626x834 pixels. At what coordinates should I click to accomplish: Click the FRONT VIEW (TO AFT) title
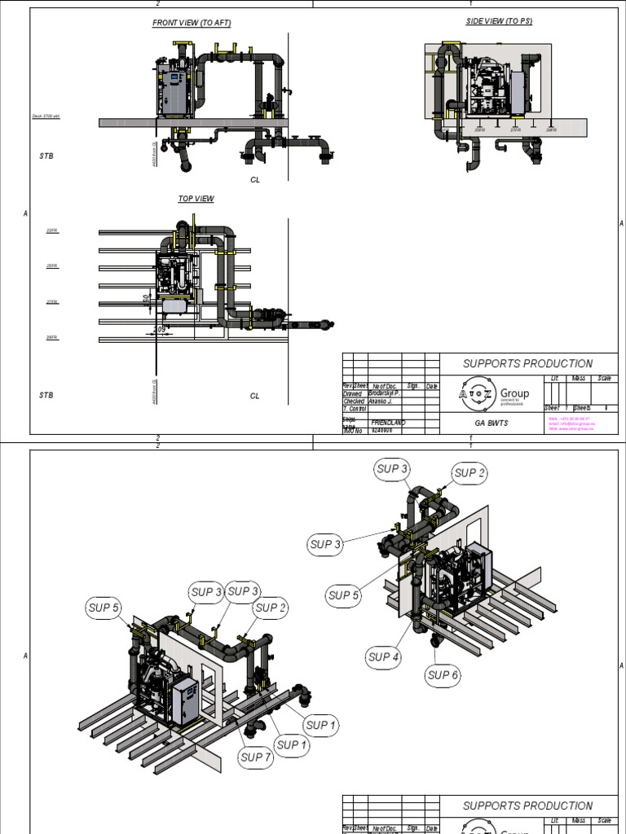192,23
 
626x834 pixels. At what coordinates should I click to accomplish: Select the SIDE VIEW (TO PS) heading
499,21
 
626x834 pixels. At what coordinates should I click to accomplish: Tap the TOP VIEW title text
196,198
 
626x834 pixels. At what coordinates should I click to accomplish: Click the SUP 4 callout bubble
383,656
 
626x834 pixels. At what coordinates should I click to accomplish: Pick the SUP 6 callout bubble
443,674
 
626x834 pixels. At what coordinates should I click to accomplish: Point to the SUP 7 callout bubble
255,757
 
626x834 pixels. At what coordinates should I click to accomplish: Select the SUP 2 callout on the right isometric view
470,472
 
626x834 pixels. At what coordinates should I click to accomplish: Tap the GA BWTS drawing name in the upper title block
491,424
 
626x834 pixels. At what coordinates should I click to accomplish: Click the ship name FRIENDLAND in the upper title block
388,423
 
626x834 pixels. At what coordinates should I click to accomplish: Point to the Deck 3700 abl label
46,116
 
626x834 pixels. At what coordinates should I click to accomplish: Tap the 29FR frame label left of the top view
52,337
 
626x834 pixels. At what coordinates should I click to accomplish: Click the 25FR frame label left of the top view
52,266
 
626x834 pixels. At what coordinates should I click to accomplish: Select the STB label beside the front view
46,155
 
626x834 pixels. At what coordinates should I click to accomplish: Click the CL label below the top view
254,396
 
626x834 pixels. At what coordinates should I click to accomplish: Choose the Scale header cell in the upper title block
604,379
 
